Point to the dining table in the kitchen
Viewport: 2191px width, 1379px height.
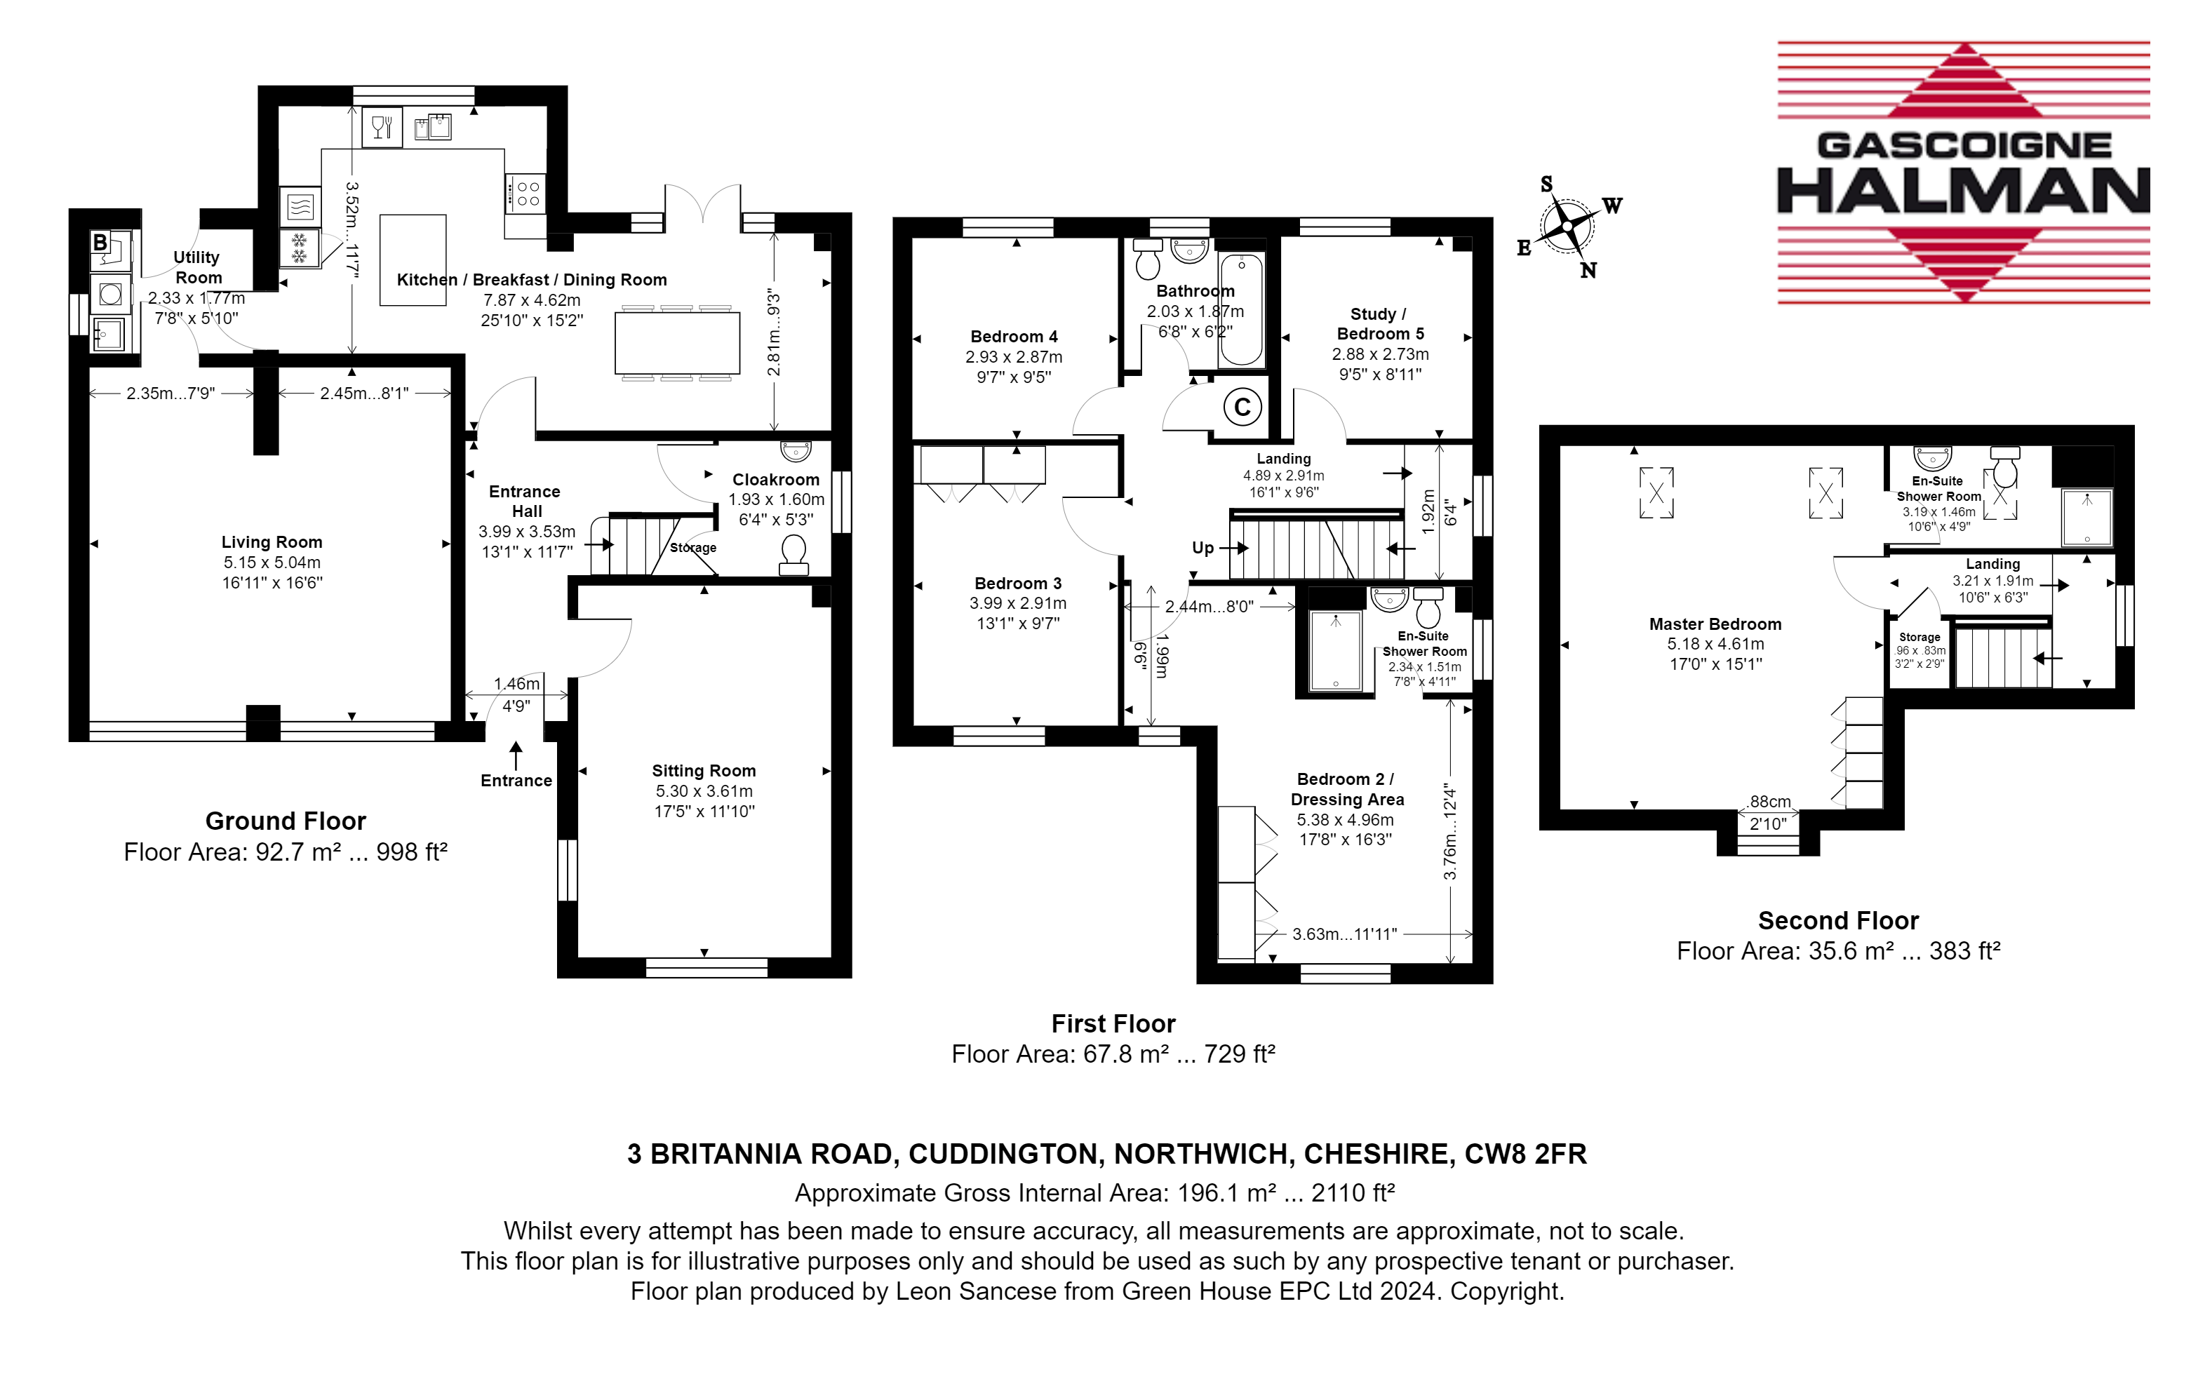677,343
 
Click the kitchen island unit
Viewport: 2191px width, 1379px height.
413,260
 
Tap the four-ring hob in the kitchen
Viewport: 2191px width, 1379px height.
526,193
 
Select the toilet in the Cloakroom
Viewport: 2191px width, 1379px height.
793,554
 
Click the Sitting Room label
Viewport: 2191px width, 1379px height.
704,770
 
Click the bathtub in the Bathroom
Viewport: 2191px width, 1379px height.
1241,310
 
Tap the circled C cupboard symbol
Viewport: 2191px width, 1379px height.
1242,407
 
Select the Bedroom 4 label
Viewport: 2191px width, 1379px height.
1014,337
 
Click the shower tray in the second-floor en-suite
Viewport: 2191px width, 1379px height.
2086,517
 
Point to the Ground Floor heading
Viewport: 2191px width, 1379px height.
286,821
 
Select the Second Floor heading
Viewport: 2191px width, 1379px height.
1838,920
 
